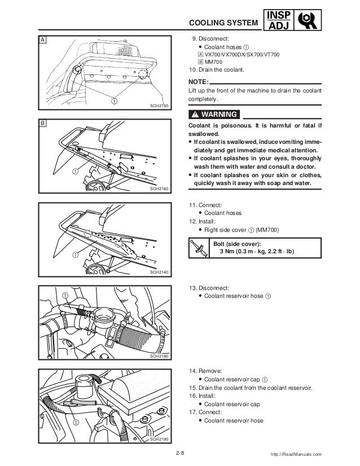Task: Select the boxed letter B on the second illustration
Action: [x=42, y=122]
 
